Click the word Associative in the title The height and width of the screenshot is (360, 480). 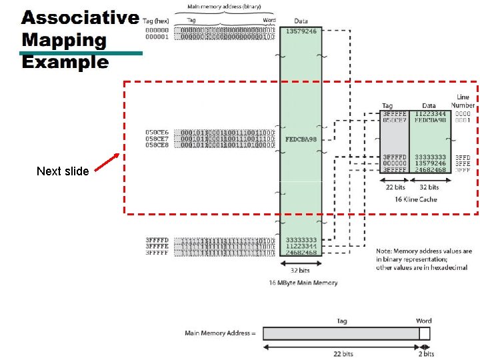[80, 18]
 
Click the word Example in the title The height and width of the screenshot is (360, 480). [65, 63]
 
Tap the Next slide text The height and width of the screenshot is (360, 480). [63, 171]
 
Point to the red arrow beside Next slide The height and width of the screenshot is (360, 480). [105, 163]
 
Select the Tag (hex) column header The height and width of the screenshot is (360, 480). [157, 21]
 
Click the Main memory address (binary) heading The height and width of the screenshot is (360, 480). [224, 7]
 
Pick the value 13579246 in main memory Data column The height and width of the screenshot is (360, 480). [301, 31]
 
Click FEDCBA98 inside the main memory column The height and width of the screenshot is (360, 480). [301, 139]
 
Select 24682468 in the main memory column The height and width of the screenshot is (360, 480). [301, 253]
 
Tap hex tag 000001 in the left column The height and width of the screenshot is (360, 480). [157, 37]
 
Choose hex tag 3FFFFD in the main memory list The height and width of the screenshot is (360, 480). [157, 239]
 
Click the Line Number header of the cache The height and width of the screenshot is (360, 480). [463, 101]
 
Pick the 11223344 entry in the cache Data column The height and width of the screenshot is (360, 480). [429, 113]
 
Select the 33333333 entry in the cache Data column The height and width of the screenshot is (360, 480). [429, 157]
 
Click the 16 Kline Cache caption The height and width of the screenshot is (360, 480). [415, 199]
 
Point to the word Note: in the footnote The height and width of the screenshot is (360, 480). [385, 251]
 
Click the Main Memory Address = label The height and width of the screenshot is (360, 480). [217, 333]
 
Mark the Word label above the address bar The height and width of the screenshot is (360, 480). [424, 321]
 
